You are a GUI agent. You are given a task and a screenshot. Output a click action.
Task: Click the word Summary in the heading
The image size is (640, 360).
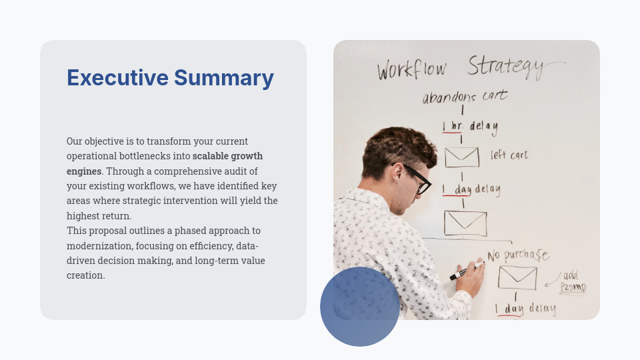(224, 78)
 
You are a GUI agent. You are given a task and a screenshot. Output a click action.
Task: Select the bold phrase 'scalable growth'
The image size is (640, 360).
(228, 156)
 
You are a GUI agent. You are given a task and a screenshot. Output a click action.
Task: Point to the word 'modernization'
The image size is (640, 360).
(99, 245)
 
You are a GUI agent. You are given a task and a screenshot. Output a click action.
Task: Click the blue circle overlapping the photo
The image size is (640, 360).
(360, 307)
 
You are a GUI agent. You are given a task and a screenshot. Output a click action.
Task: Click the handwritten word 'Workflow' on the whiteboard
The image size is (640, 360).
(412, 69)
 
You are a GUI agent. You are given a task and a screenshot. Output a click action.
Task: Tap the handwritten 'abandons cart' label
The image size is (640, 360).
(465, 97)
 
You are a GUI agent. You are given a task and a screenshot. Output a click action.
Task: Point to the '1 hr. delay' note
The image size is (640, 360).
(470, 126)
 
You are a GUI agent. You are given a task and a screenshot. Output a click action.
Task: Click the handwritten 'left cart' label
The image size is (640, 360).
(509, 155)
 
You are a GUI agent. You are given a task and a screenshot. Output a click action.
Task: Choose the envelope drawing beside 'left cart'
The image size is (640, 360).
(461, 157)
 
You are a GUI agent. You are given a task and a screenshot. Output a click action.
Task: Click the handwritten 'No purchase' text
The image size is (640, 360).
(517, 255)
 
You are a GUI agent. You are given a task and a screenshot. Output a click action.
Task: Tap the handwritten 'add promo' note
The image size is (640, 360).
(572, 281)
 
